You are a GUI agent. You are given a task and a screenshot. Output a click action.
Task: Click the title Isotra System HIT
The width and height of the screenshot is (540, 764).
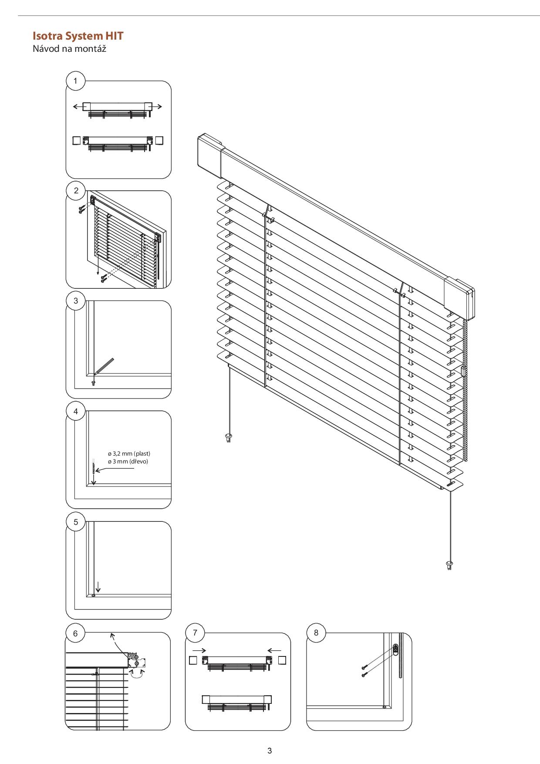78,36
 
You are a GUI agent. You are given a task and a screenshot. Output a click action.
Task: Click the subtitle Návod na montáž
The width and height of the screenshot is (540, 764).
70,48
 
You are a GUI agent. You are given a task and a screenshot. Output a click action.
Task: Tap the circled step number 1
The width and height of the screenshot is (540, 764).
76,81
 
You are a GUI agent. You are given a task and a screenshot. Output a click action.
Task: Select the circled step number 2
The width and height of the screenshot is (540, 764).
76,191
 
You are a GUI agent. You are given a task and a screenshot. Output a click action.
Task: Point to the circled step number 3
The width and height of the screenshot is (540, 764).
76,301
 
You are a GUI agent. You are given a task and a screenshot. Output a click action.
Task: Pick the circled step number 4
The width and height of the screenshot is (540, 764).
76,412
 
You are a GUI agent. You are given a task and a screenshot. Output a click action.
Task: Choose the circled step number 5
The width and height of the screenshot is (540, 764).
76,522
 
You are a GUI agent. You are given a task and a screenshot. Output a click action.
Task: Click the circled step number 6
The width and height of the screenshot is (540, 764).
75,633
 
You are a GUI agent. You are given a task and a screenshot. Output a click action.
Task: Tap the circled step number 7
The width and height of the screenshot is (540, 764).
195,633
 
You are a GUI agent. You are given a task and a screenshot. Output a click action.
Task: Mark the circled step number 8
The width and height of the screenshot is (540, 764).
316,633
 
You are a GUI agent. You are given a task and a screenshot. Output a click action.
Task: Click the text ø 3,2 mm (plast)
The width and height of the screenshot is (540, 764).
129,453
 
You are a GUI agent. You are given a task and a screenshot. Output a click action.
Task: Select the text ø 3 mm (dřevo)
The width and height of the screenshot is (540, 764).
128,461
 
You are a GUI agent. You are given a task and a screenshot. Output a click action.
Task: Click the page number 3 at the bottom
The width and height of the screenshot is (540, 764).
270,750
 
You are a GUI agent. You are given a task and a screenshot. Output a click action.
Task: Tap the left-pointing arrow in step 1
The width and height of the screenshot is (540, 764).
78,106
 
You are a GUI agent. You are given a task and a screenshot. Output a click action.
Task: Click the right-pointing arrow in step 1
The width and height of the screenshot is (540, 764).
157,106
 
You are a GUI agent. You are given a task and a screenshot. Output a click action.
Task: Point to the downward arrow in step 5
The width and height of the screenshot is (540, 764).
98,587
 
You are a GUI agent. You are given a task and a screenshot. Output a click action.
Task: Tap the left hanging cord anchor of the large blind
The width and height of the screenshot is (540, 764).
229,437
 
